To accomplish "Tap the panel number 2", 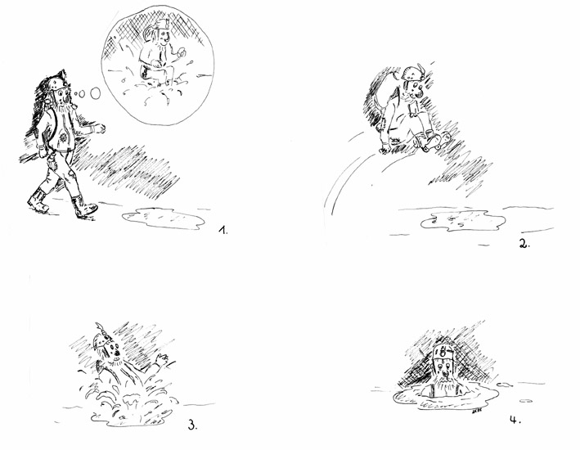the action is pyautogui.click(x=524, y=244).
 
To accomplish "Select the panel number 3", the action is pyautogui.click(x=192, y=425).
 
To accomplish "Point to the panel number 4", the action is pyautogui.click(x=515, y=420).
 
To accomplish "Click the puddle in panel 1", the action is pyautogui.click(x=163, y=218).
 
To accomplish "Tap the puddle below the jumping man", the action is pyautogui.click(x=463, y=221).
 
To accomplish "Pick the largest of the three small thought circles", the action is pyautogui.click(x=96, y=93).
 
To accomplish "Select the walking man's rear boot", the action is pyautogui.click(x=38, y=200).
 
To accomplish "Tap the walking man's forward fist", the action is pyautogui.click(x=101, y=128).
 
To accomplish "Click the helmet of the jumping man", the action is pyautogui.click(x=411, y=74).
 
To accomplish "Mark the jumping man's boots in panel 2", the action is pyautogui.click(x=431, y=140).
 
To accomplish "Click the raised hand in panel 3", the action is pyautogui.click(x=162, y=360).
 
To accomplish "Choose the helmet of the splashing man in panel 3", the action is pyautogui.click(x=101, y=337).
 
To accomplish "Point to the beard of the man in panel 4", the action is pyautogui.click(x=445, y=383).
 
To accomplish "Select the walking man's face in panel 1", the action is pyautogui.click(x=62, y=96).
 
